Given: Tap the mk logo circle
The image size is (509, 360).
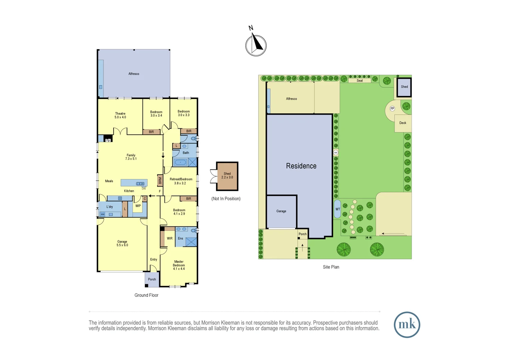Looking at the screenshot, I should tap(407, 325).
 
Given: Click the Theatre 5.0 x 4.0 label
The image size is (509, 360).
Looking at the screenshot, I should tap(120, 115).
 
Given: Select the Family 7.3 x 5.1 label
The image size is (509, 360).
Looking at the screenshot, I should tap(131, 157).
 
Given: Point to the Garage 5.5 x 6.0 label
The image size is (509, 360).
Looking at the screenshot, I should tap(122, 243).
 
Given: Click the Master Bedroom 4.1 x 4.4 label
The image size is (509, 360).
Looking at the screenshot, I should tap(179, 265).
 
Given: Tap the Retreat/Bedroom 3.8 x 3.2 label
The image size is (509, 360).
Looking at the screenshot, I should tap(181, 181).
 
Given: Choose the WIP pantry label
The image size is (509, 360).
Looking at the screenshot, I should tap(138, 206).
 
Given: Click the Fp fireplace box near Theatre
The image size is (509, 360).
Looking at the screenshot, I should tap(108, 140).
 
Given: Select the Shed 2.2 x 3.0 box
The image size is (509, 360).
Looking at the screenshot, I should tap(227, 176).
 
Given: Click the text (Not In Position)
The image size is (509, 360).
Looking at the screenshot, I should tap(226, 199).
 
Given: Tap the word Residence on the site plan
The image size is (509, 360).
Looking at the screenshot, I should tap(301, 166).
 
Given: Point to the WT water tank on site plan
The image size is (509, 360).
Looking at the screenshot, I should tap(337, 209).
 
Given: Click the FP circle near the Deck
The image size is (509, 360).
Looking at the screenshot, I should tap(392, 109).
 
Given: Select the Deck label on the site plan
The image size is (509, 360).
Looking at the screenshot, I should tap(403, 123).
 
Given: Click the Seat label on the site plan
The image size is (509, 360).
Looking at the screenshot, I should tap(360, 81).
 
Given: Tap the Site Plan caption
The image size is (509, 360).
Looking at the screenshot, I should tap(331, 267).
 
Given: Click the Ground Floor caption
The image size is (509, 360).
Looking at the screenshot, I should tap(146, 295).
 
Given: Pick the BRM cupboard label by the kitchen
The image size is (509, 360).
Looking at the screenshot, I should tap(160, 181).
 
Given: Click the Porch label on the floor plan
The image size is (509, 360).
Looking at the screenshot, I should tap(152, 279).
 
